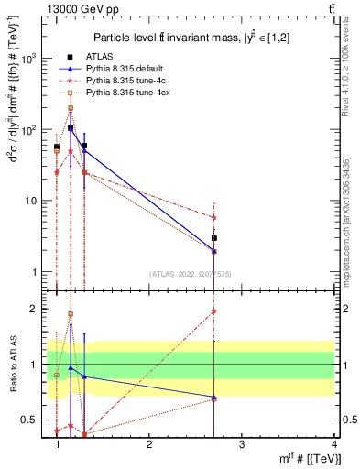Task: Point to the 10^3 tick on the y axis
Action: pos(34,58)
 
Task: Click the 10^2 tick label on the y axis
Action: pos(34,129)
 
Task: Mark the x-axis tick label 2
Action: pos(149,444)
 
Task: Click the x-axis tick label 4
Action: pos(333,444)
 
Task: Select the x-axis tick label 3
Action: pos(241,444)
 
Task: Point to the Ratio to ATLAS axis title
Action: pos(12,364)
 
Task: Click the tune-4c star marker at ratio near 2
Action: pos(214,311)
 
